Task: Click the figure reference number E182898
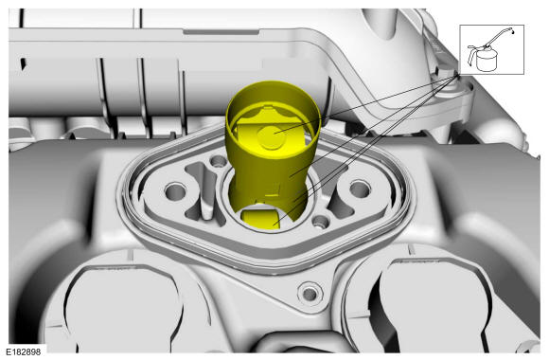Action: click(23, 351)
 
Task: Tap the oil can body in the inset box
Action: click(487, 60)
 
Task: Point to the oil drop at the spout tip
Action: click(513, 32)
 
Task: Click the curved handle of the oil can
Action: click(471, 55)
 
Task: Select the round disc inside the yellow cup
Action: click(271, 137)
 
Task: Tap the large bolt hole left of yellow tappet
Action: click(175, 191)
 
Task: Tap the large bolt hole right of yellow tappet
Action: click(360, 189)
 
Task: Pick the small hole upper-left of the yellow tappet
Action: click(219, 161)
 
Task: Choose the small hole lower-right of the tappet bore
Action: click(321, 221)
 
